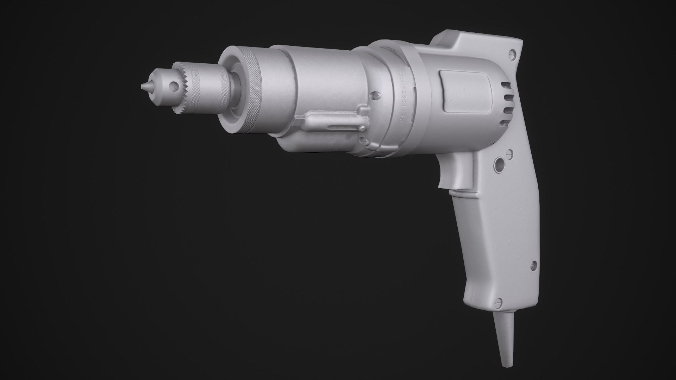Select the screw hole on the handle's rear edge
click(533, 264)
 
